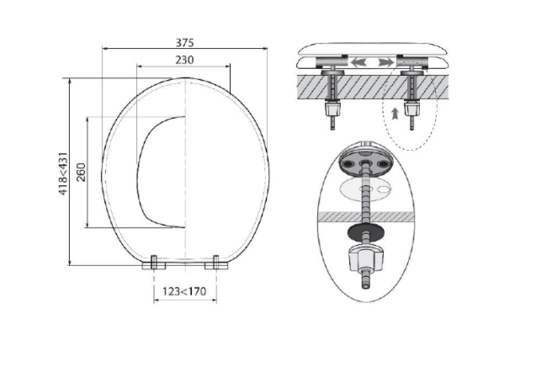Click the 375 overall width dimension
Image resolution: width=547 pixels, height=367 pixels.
[184, 43]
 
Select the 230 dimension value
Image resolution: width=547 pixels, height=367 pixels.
[184, 60]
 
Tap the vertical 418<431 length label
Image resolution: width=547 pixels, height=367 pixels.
[63, 173]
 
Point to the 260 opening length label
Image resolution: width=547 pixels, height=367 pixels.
[81, 172]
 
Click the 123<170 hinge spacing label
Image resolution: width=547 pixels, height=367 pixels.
[184, 291]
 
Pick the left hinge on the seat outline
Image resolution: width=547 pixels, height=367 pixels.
[154, 263]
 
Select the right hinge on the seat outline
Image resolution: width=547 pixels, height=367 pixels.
[216, 263]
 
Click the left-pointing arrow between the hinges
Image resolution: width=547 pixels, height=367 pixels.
[359, 62]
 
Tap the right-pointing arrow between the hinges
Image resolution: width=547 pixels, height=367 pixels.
[385, 62]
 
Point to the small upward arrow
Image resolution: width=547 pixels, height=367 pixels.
[395, 114]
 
